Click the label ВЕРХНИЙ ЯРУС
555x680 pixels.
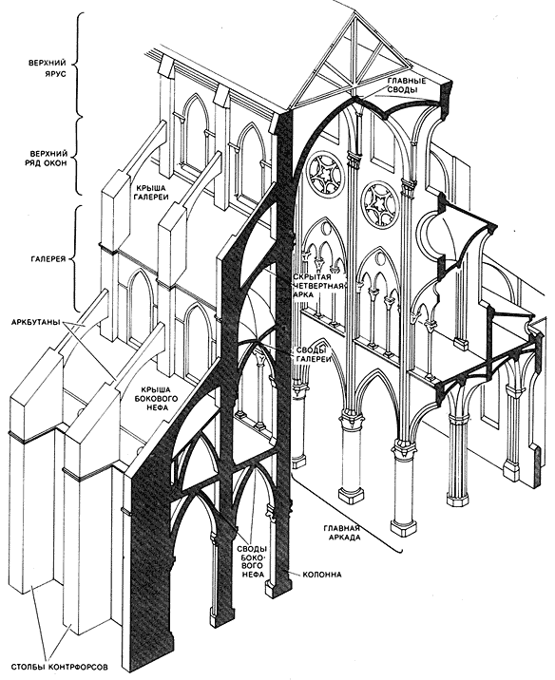pyautogui.click(x=48, y=67)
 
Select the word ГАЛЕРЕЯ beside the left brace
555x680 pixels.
pyautogui.click(x=48, y=259)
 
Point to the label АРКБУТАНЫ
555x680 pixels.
pyautogui.click(x=36, y=323)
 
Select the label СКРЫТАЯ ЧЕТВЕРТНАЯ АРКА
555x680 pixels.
pyautogui.click(x=318, y=285)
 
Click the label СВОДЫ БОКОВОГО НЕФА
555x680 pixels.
pyautogui.click(x=253, y=555)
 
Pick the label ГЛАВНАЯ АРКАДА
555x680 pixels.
pyautogui.click(x=342, y=533)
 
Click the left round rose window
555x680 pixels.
pyautogui.click(x=325, y=177)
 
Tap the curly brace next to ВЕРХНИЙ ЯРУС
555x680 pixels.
pyautogui.click(x=79, y=64)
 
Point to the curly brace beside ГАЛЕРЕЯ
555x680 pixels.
pyautogui.click(x=77, y=258)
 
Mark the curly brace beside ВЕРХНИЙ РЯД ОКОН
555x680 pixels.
pyautogui.click(x=78, y=155)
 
